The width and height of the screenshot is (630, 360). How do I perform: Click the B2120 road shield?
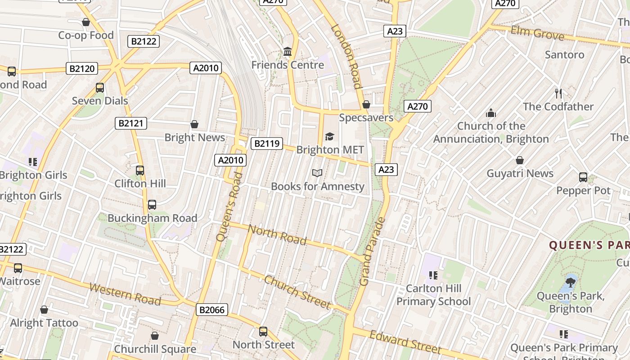82,68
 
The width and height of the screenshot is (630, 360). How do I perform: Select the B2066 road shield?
212,310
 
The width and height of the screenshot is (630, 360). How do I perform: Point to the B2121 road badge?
131,123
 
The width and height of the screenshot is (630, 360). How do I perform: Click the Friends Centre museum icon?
288,52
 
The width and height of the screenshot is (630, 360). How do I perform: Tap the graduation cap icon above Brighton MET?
330,136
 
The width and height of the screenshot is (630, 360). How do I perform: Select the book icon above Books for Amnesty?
317,173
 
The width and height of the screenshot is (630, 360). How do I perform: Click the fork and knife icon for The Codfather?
558,94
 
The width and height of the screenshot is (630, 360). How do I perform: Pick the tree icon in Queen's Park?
571,282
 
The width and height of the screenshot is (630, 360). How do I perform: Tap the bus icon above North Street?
263,332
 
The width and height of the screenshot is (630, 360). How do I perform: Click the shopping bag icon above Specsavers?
366,104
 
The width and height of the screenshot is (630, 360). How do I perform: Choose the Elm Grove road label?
537,33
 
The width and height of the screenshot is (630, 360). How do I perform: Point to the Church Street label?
297,292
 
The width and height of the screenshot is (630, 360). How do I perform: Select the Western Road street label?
125,294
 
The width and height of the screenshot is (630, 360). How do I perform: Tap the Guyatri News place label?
520,173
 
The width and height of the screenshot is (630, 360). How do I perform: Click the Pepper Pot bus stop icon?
583,177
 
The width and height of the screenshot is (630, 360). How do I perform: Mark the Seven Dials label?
100,101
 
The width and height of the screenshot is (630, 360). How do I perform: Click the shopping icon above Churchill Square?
155,336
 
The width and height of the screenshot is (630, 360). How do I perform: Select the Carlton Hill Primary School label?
433,295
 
